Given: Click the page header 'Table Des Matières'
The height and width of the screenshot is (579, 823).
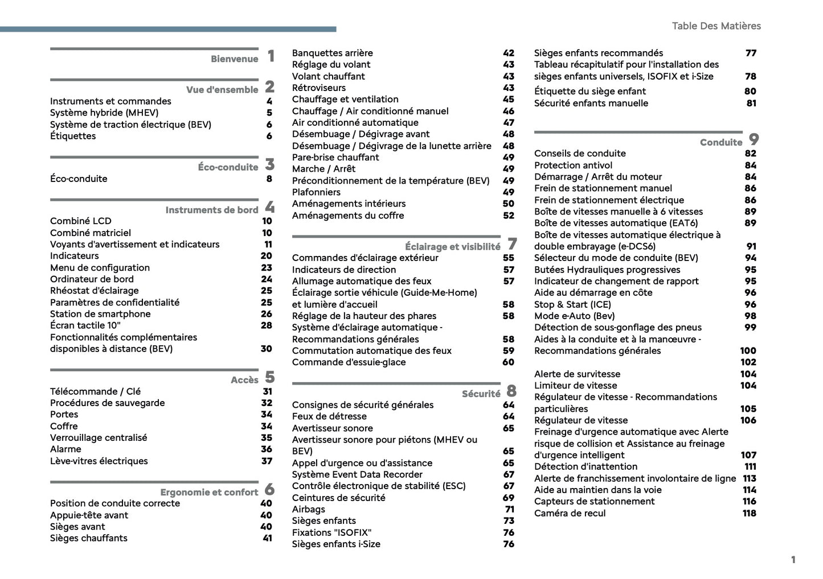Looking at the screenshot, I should (716, 26).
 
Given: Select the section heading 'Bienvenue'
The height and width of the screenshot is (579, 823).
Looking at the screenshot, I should (234, 59).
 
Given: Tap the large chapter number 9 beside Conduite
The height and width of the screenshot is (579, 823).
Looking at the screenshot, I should (754, 139).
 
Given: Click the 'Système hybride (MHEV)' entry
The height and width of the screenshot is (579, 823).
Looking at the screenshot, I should (104, 113).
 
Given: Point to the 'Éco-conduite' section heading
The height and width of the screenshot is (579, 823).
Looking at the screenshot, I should (228, 167).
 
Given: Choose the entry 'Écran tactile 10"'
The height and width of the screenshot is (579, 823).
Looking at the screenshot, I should (85, 325).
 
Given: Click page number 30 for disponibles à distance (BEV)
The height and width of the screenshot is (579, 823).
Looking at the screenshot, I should (266, 349).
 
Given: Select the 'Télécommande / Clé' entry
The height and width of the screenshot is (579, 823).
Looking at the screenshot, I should (95, 391).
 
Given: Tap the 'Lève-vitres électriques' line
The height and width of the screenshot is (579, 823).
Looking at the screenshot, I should (99, 461).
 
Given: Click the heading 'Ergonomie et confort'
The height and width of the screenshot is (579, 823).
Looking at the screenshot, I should (209, 492).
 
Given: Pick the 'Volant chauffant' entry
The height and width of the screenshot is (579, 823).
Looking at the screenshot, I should (328, 76).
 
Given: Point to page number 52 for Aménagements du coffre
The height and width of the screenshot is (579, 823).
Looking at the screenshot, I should (508, 216).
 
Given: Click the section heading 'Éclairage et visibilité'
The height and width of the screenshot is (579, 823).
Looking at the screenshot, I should (452, 246).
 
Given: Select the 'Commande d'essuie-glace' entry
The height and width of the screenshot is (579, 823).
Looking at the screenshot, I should (349, 362).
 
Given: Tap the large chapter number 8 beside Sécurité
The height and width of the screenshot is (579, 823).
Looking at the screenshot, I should (511, 391).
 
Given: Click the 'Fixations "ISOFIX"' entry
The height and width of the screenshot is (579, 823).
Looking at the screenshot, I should (331, 532).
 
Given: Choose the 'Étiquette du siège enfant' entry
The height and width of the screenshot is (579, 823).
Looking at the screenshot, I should (589, 91).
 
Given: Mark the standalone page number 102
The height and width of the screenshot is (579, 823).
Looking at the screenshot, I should (748, 362).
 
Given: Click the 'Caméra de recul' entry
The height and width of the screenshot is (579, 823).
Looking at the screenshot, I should (570, 513).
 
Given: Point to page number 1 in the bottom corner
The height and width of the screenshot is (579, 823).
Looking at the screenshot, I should (793, 560).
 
